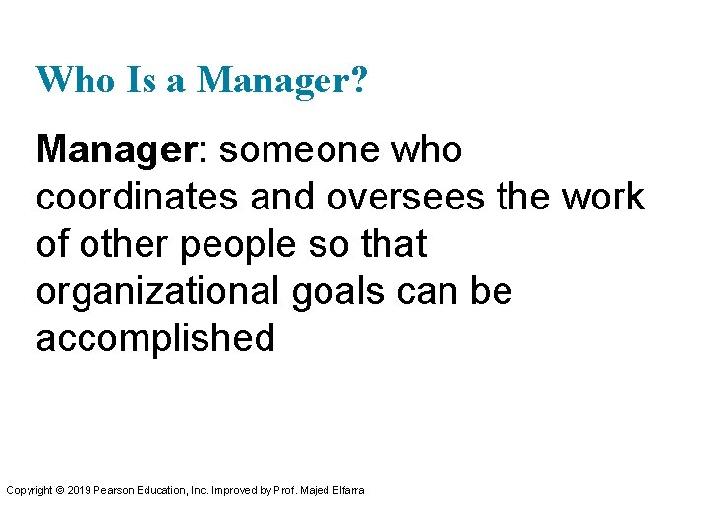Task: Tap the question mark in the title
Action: (x=358, y=80)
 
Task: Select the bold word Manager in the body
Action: (x=117, y=150)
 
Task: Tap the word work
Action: (x=603, y=198)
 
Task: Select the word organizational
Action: (x=160, y=291)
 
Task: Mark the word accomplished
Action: (x=155, y=337)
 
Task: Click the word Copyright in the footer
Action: (x=29, y=489)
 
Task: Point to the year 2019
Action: (x=77, y=489)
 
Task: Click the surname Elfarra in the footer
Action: (x=345, y=489)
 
